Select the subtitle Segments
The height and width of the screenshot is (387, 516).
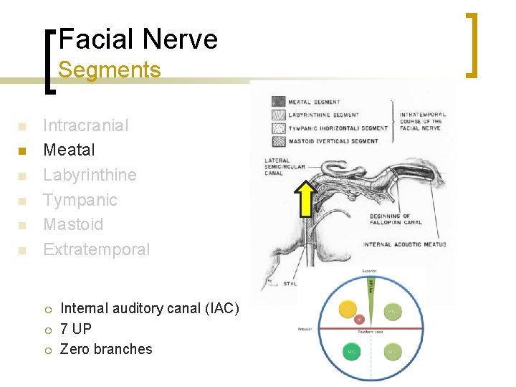click(x=109, y=70)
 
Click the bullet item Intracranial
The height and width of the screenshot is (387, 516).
click(x=86, y=125)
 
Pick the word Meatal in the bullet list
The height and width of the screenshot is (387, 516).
click(x=69, y=150)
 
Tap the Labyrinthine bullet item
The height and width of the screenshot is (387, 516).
click(x=90, y=175)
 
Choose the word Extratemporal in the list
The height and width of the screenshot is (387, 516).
click(x=97, y=249)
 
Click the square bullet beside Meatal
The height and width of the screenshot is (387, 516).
click(x=22, y=151)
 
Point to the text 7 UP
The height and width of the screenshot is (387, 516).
click(x=76, y=329)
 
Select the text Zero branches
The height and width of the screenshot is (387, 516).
click(x=106, y=350)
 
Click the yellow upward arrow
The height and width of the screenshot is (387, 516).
click(x=306, y=199)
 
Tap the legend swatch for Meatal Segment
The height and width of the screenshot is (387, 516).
click(x=277, y=102)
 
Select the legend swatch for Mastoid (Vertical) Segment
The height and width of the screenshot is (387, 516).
click(x=277, y=140)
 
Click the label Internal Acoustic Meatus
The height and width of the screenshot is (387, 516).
click(x=404, y=244)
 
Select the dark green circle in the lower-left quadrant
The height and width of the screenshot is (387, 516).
click(x=351, y=353)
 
